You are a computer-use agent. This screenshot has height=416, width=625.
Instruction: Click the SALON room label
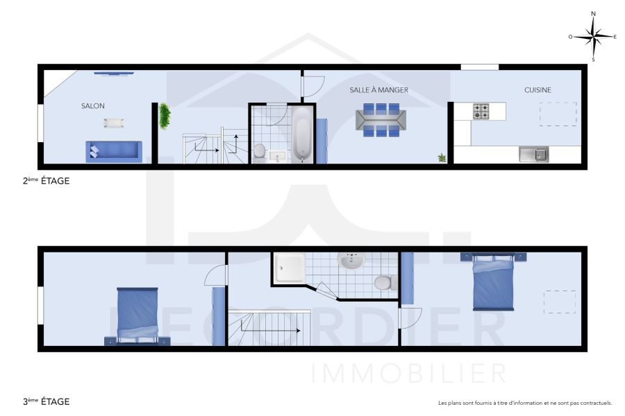click(93, 106)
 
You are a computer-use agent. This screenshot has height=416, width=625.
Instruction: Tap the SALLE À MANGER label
click(378, 90)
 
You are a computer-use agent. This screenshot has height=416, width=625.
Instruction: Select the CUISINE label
click(537, 90)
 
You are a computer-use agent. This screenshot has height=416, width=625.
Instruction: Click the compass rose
click(594, 36)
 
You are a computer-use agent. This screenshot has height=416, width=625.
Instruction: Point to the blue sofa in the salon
click(114, 151)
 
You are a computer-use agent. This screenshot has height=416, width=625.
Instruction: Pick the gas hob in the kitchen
click(481, 111)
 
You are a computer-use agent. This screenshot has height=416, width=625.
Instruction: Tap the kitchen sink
click(533, 154)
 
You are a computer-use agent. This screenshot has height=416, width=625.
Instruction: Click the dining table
click(381, 119)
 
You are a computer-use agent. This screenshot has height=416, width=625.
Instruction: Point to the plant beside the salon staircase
click(165, 116)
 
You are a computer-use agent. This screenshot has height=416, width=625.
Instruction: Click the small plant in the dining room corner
click(442, 158)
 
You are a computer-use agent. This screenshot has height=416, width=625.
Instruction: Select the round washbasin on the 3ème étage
click(351, 261)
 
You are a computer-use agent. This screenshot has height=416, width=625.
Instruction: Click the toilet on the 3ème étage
click(383, 283)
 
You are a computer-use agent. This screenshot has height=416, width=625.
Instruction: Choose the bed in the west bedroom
click(137, 315)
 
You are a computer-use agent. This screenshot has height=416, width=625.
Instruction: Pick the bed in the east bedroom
click(493, 282)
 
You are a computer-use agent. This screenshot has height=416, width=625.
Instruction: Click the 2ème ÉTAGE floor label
click(46, 181)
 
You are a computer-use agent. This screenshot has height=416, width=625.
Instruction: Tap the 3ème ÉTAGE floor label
click(46, 401)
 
